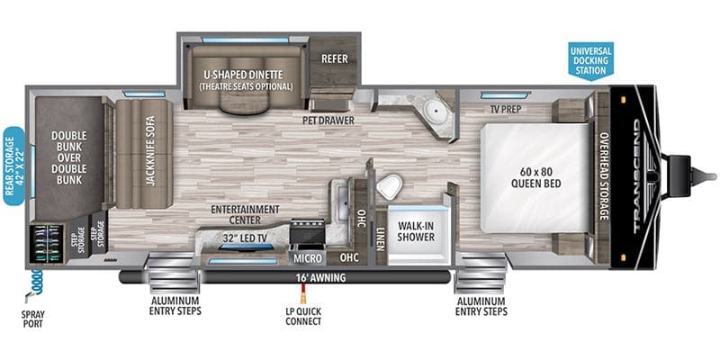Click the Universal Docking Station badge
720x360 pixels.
(x=590, y=60)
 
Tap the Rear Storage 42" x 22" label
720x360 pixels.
(x=13, y=166)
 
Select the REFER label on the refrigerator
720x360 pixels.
(x=334, y=59)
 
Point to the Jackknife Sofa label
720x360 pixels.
(x=150, y=150)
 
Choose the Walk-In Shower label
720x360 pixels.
(x=416, y=231)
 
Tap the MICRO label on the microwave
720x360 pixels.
(x=307, y=258)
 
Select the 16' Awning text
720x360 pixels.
(x=320, y=277)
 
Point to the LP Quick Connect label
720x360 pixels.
(x=303, y=317)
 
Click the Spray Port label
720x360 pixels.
(x=32, y=319)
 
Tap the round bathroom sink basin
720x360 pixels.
(x=433, y=109)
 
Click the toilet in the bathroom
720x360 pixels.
(x=390, y=186)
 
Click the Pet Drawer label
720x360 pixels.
(x=328, y=121)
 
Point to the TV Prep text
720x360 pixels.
(x=503, y=109)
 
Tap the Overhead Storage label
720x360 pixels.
(x=603, y=175)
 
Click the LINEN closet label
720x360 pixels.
(x=381, y=238)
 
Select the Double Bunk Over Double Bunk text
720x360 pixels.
(x=69, y=157)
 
